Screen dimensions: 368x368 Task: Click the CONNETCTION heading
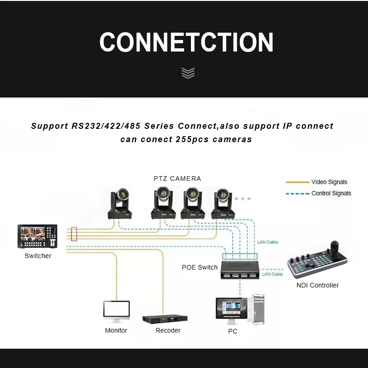coord(186,42)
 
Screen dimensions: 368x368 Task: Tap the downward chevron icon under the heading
coord(188,73)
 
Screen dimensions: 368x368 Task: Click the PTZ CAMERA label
coord(177,178)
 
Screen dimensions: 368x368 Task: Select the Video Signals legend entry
coord(329,182)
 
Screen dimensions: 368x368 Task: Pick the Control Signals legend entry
coord(331,194)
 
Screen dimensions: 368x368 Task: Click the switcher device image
coord(38,237)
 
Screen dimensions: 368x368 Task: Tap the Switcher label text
coord(38,256)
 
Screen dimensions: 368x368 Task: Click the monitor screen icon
coord(116,311)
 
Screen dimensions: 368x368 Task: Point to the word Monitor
coord(116,330)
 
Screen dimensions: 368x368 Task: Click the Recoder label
coord(168,330)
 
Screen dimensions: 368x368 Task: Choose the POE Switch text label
coord(200,267)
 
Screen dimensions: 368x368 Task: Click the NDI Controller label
coord(317,285)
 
